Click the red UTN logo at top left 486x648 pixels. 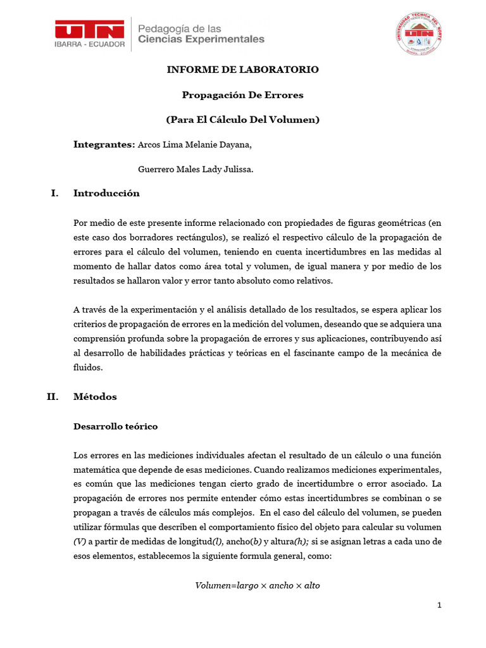point(89,29)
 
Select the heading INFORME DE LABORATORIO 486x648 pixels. point(242,70)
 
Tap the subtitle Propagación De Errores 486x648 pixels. point(242,95)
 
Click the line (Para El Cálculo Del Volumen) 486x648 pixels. point(242,120)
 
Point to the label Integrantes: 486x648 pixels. point(104,144)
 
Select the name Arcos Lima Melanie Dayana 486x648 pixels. point(194,145)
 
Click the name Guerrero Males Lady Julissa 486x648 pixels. point(196,169)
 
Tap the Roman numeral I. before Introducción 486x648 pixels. point(55,194)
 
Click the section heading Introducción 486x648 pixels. point(106,194)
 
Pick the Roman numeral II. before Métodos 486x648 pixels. point(53,397)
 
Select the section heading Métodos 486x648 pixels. point(95,397)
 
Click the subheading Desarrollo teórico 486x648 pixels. point(115,427)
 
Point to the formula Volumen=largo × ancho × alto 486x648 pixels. point(257,586)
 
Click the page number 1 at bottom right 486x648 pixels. point(439,606)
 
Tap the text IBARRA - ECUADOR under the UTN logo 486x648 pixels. point(89,46)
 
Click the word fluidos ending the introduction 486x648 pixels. point(87,367)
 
